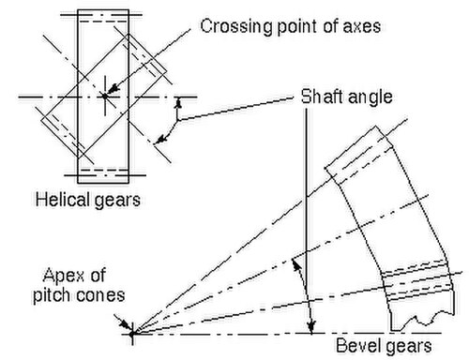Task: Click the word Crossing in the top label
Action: tap(236, 26)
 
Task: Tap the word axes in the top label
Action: tap(362, 26)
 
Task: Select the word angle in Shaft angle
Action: tap(370, 97)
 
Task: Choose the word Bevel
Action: tap(358, 346)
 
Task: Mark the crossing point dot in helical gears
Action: tap(105, 97)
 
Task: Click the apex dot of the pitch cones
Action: tap(132, 334)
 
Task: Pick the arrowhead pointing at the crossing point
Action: tap(114, 88)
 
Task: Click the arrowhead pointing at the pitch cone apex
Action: tap(125, 325)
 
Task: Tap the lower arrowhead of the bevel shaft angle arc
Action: tap(311, 327)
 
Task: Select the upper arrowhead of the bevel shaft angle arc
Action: tap(296, 265)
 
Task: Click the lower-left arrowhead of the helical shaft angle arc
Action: tap(161, 140)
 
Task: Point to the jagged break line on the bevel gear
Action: tap(423, 322)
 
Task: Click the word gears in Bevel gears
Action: tap(408, 347)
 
